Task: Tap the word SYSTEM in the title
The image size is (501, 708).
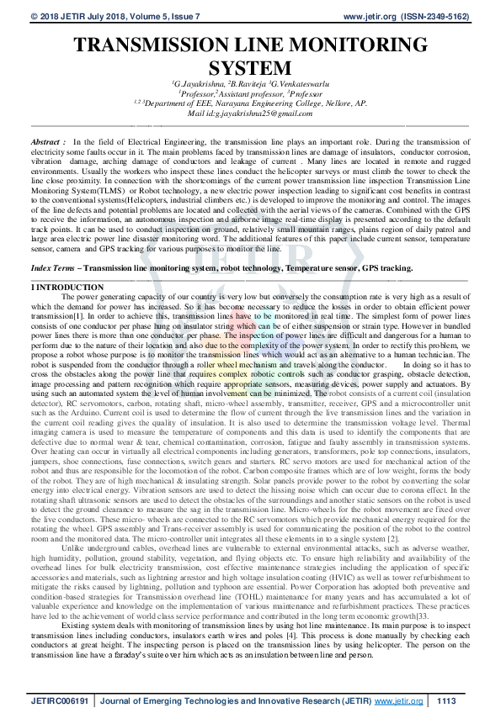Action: tap(250, 66)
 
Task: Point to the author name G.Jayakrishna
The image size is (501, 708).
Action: tap(199, 84)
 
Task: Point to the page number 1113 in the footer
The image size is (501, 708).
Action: tap(446, 699)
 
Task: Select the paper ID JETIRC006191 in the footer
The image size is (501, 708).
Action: tap(60, 699)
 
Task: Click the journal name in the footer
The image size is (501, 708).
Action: tap(235, 699)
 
